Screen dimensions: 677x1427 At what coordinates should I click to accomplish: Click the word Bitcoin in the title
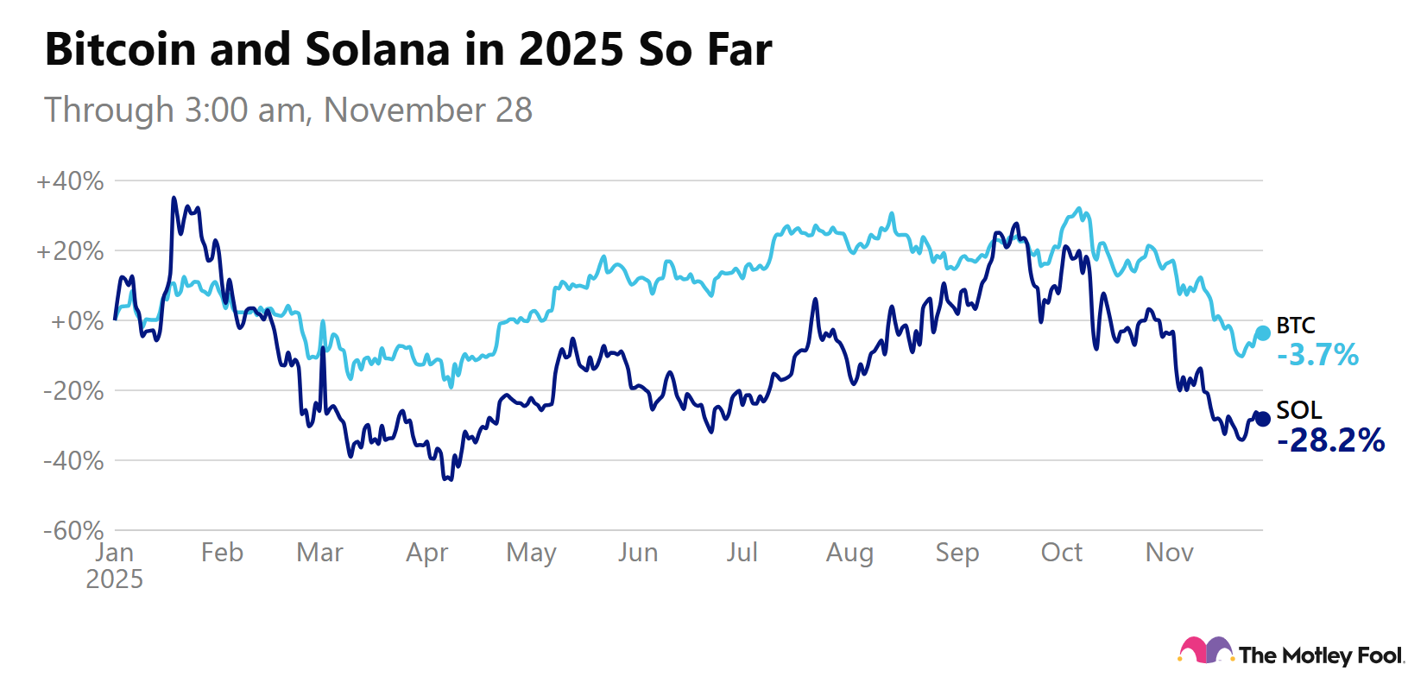point(121,49)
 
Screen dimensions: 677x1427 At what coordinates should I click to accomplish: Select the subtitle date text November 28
point(428,111)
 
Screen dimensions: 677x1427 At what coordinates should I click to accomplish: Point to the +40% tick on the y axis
point(70,181)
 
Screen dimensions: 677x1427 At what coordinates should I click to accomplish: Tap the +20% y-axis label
point(70,251)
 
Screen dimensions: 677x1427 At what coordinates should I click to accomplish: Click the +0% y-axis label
point(77,321)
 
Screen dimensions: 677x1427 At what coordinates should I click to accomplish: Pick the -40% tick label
point(73,461)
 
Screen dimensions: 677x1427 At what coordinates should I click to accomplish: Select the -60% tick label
point(73,530)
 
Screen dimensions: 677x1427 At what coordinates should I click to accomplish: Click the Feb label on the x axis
point(222,553)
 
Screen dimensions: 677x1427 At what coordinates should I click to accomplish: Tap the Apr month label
point(427,553)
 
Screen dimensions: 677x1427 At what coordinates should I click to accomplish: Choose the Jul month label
point(742,553)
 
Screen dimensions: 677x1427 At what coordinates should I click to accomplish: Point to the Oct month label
point(1061,553)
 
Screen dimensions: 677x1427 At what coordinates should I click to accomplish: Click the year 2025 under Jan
point(114,579)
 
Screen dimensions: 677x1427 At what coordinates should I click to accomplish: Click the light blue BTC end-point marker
point(1262,332)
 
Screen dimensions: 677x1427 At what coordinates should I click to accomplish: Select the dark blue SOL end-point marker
point(1262,419)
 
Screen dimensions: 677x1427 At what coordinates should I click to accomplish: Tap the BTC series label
point(1296,326)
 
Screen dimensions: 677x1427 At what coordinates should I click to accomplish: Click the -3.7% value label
point(1317,355)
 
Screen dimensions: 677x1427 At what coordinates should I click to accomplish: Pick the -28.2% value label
point(1330,440)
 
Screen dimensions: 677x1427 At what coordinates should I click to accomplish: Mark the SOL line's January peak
point(174,198)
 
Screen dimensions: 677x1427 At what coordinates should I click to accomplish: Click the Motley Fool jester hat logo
point(1205,650)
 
